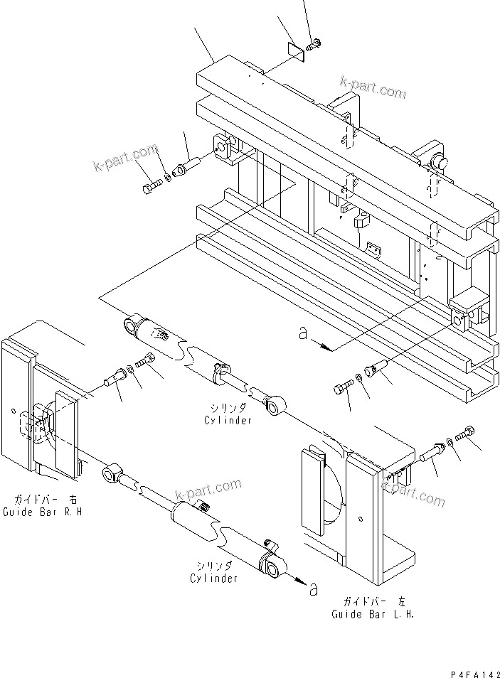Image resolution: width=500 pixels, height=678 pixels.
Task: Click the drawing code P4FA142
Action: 475,674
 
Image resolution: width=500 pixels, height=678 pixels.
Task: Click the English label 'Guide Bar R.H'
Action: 43,512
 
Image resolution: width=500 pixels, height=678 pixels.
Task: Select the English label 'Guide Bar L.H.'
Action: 373,614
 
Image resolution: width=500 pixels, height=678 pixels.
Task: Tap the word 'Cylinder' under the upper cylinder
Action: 228,420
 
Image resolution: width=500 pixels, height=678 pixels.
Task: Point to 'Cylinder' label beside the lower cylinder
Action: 214,578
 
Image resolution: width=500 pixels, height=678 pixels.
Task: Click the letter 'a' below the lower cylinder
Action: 314,589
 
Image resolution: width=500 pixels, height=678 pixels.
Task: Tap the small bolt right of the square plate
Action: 313,43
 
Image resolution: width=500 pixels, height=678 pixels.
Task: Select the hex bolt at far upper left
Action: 151,187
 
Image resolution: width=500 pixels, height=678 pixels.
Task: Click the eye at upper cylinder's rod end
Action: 274,407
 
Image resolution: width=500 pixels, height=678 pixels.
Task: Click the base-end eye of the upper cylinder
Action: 131,325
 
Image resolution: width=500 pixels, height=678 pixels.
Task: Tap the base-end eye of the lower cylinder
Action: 272,567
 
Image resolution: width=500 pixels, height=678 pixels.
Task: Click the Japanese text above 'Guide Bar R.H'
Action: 46,500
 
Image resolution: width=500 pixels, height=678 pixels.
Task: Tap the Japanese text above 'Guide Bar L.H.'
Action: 375,601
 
